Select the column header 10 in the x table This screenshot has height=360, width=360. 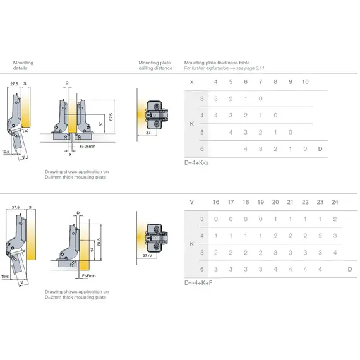(305, 82)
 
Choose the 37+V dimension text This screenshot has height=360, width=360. (148, 256)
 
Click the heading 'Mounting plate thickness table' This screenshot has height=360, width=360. (217, 63)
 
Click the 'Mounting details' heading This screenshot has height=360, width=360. (23, 66)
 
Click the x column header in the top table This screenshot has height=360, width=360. (191, 82)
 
